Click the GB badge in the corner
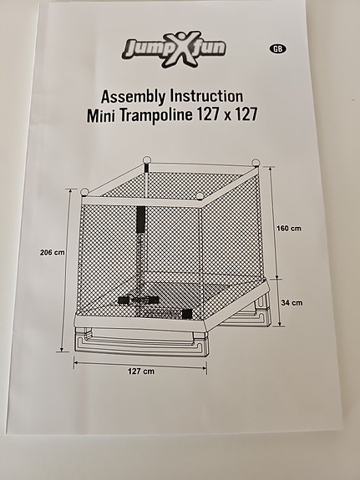coord(276,48)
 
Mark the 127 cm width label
coord(140,370)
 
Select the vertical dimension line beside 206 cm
coord(66,267)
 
